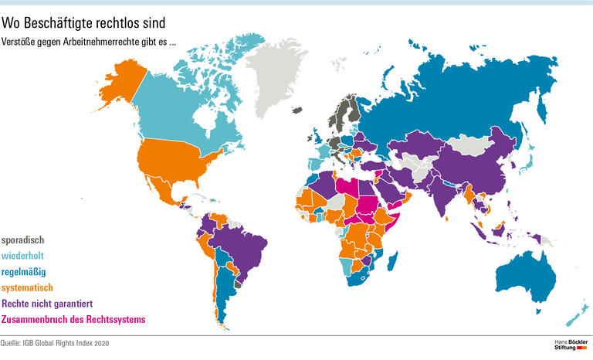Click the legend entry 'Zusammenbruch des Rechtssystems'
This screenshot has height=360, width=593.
(x=73, y=320)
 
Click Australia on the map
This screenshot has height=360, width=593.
(x=525, y=274)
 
